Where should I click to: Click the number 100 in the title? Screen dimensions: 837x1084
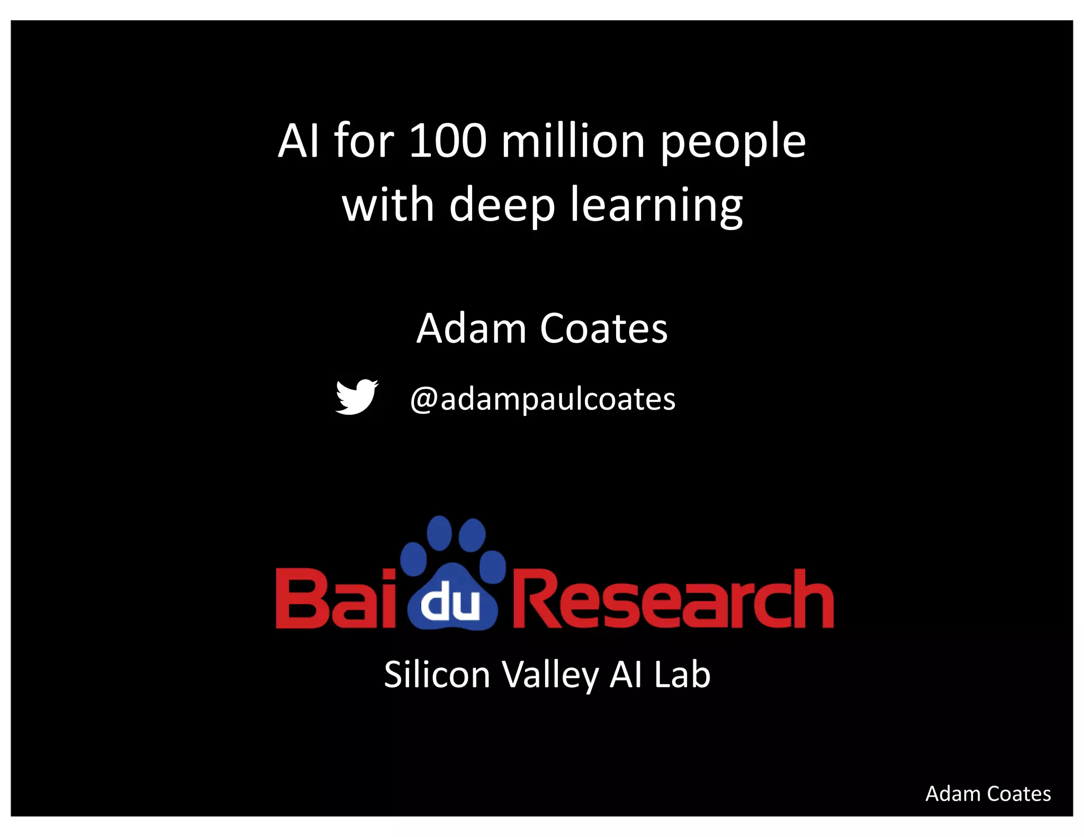447,141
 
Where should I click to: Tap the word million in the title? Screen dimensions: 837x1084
573,141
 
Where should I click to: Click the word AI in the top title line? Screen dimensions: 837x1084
299,141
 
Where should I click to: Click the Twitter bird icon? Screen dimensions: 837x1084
357,397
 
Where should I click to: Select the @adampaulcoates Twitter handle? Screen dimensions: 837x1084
543,399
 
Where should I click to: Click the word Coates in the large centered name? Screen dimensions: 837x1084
604,329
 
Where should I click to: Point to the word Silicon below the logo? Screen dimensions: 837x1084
437,675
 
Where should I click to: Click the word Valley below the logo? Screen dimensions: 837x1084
550,676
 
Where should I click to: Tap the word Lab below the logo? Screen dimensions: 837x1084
682,675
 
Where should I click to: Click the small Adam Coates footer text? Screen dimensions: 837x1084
988,794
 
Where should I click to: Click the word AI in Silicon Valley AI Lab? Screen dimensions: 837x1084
626,675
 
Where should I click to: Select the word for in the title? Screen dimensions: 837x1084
364,141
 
